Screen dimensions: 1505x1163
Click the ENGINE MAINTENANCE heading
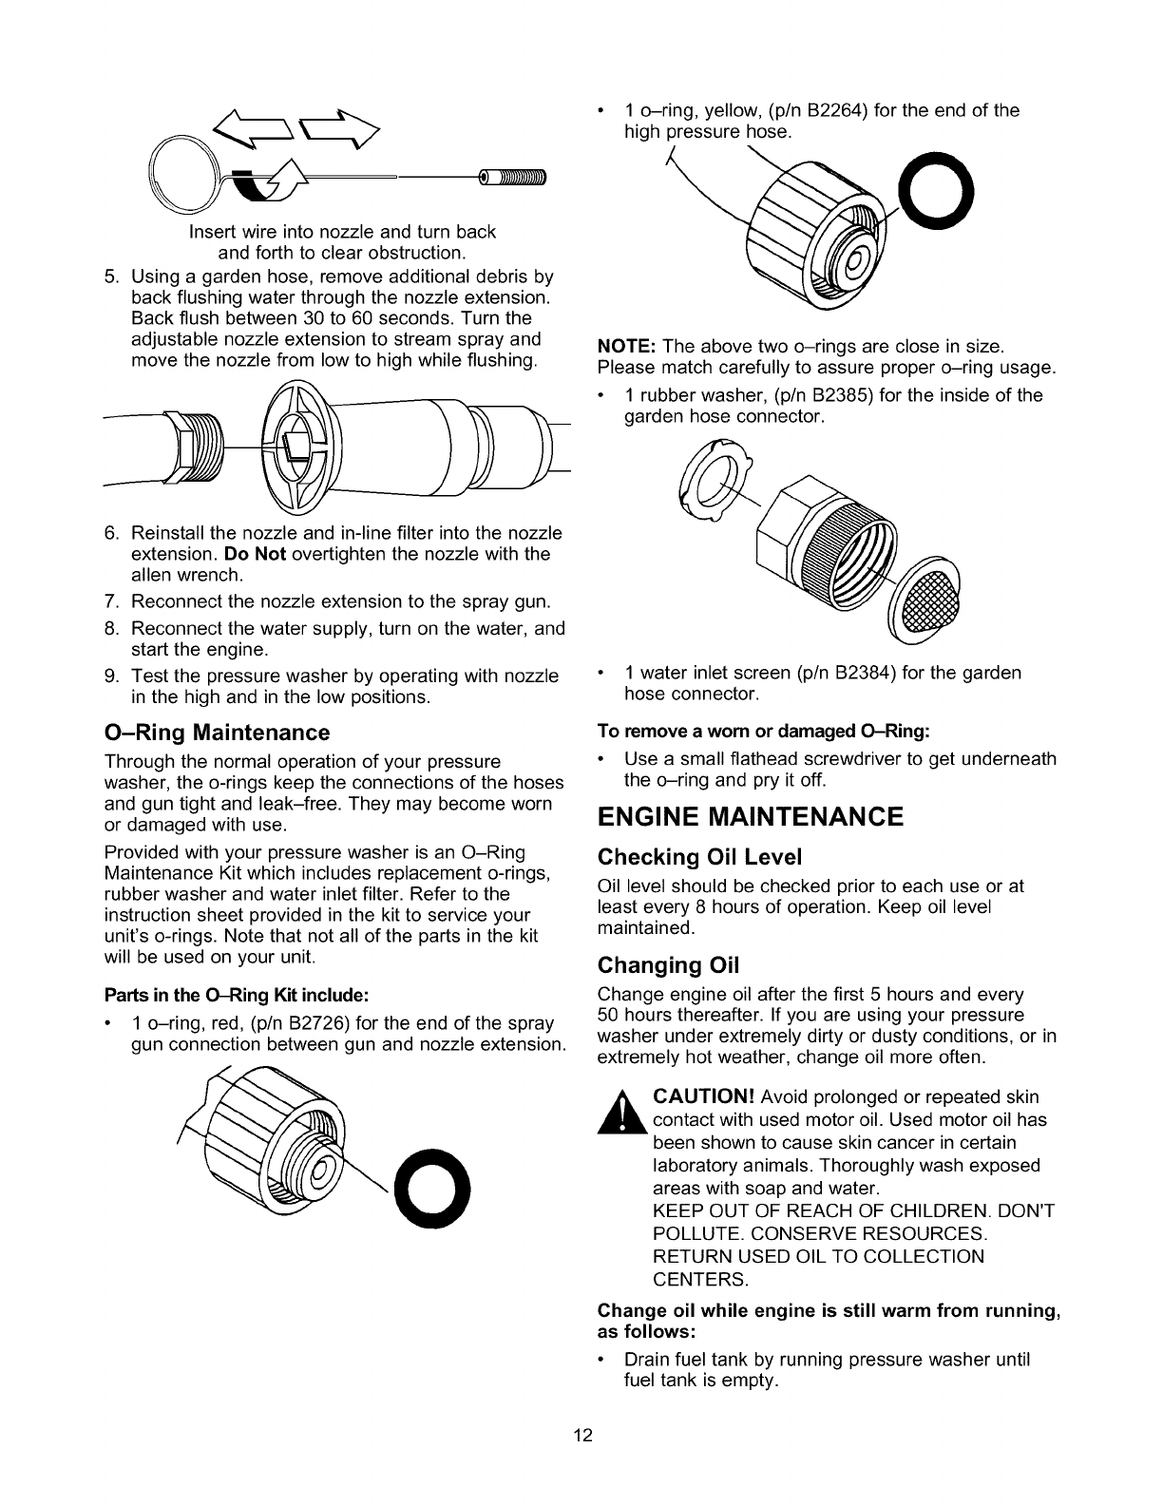[x=751, y=817]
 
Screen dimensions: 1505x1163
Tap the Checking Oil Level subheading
[x=699, y=858]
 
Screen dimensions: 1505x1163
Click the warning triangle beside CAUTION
[x=623, y=1114]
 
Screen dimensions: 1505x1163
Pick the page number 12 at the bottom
[x=582, y=1436]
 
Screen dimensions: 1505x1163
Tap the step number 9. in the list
[x=110, y=676]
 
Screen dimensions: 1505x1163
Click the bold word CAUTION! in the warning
[x=703, y=1097]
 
